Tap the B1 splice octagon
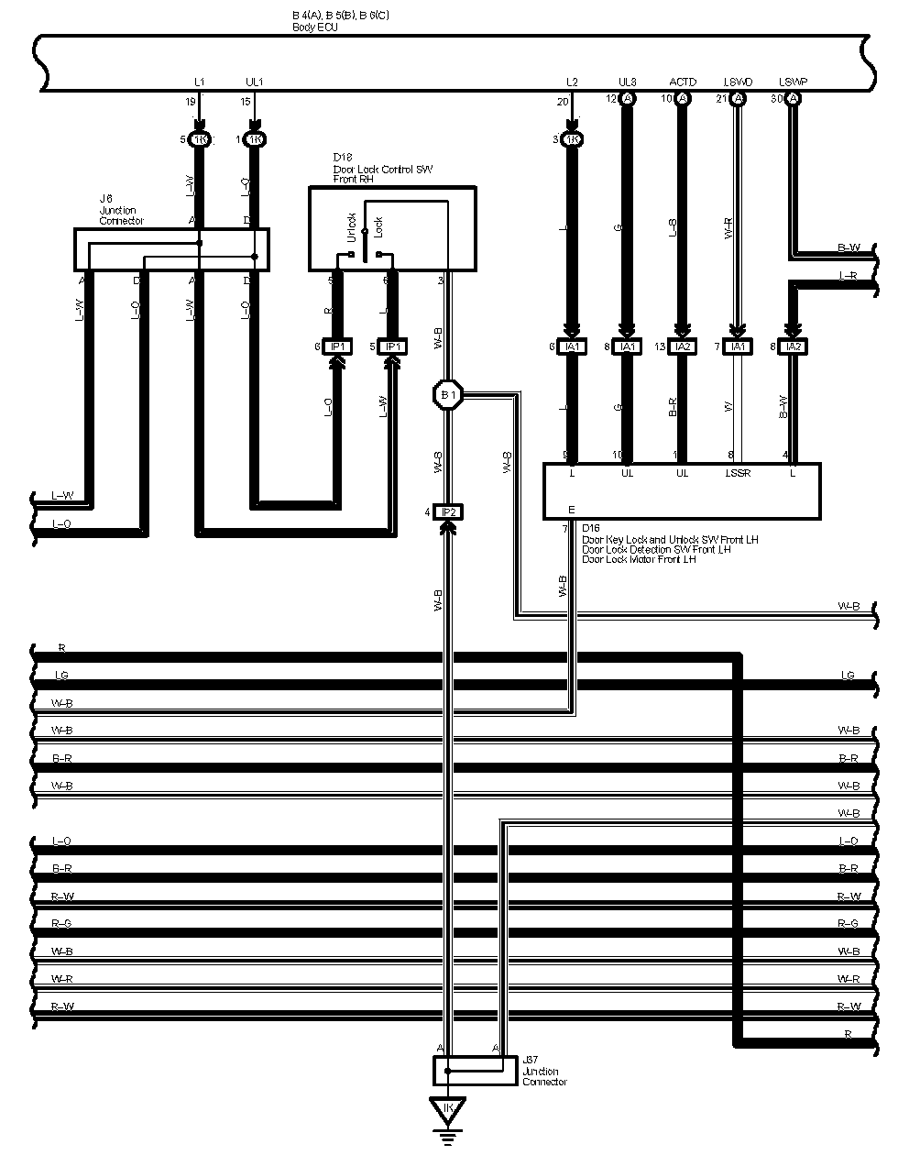(x=448, y=395)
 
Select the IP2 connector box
(x=448, y=511)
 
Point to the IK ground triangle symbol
(x=448, y=1109)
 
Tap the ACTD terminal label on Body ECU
(x=683, y=82)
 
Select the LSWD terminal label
(x=738, y=82)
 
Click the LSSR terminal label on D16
(x=739, y=473)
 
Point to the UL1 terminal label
(x=255, y=82)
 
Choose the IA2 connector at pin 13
(x=683, y=346)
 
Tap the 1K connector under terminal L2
(x=573, y=139)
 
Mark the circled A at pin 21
(x=738, y=98)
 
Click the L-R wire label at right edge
(x=848, y=275)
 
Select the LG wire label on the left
(x=61, y=676)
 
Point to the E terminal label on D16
(x=572, y=509)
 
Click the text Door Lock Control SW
(x=382, y=170)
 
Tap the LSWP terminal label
(x=793, y=82)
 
